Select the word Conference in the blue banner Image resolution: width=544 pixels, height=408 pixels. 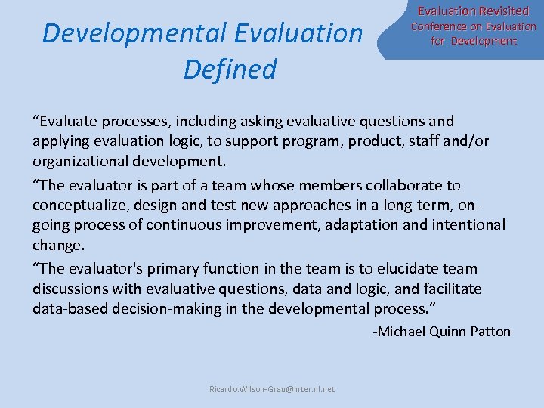[x=439, y=26]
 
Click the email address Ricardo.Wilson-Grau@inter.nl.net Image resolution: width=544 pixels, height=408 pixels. [x=272, y=389]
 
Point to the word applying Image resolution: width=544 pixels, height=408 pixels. [x=59, y=141]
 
